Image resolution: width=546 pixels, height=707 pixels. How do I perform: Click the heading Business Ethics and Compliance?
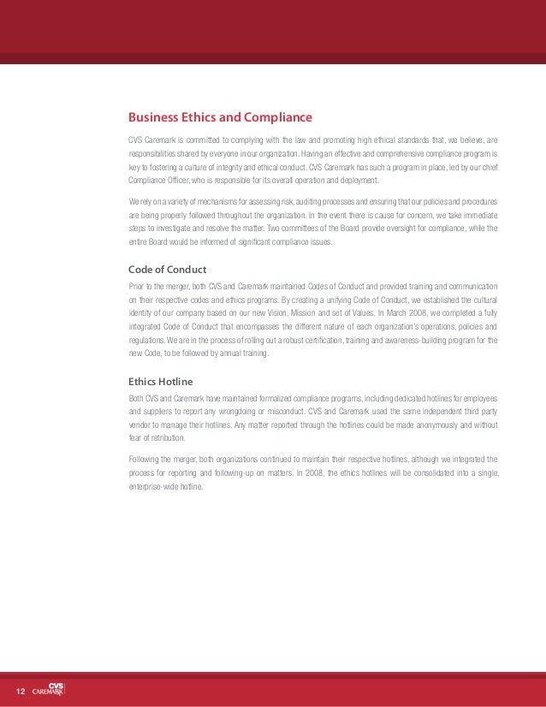(220, 117)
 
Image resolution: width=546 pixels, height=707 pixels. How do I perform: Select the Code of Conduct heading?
(167, 270)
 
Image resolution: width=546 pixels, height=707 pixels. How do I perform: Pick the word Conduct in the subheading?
(187, 270)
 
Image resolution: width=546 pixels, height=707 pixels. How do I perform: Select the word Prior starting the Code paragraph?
(136, 286)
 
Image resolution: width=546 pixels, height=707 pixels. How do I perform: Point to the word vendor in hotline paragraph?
(140, 425)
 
